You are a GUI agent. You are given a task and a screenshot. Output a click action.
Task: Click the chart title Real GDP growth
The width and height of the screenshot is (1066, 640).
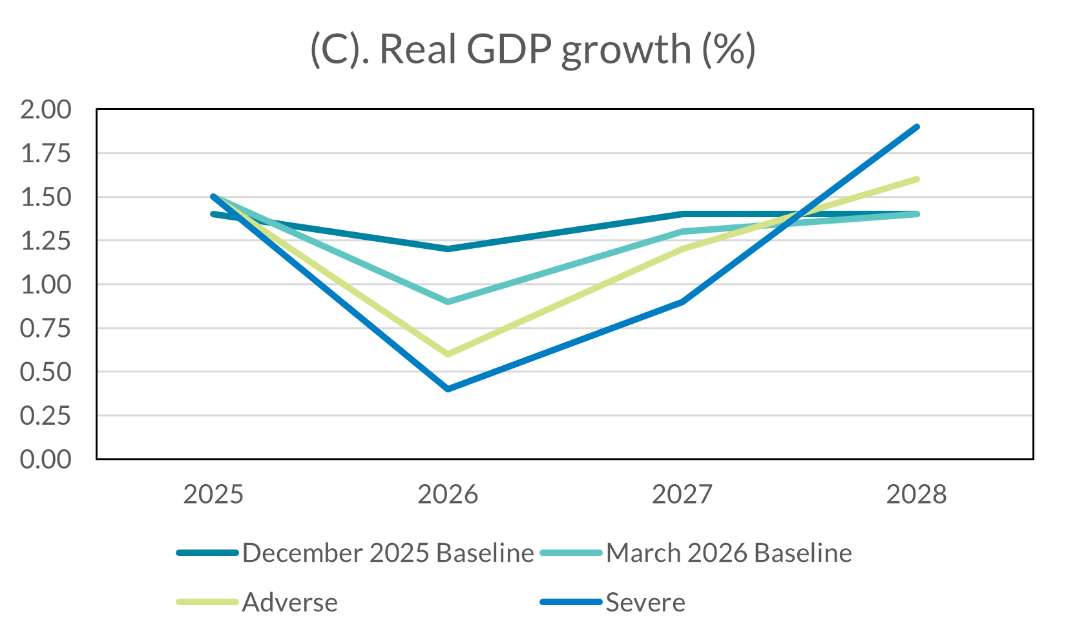[x=532, y=49]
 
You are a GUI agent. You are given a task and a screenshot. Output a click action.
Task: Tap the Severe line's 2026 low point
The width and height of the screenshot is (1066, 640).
[x=448, y=389]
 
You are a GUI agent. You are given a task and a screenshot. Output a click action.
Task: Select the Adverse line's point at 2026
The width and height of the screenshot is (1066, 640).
[x=448, y=354]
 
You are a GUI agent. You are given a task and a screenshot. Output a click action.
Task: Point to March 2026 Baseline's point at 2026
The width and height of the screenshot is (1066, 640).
[x=448, y=302]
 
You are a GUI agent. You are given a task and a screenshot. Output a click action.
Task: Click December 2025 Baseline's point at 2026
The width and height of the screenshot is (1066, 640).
[x=448, y=249]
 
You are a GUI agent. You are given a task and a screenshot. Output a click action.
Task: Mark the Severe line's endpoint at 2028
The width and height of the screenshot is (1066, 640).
[x=917, y=127]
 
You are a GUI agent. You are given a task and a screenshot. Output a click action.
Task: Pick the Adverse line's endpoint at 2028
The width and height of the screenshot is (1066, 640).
[x=917, y=179]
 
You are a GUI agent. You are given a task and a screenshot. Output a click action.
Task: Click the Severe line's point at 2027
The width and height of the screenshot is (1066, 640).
[x=682, y=301]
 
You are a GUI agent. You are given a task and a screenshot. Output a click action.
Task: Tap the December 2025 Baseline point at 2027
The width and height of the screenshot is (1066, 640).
[x=682, y=214]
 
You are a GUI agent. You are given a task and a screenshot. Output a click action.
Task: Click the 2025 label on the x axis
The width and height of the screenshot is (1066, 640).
[x=213, y=495]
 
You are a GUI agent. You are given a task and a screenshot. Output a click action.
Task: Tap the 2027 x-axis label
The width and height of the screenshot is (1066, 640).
[x=682, y=495]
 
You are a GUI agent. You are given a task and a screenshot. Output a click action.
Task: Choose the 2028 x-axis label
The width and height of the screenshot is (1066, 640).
[x=916, y=495]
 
